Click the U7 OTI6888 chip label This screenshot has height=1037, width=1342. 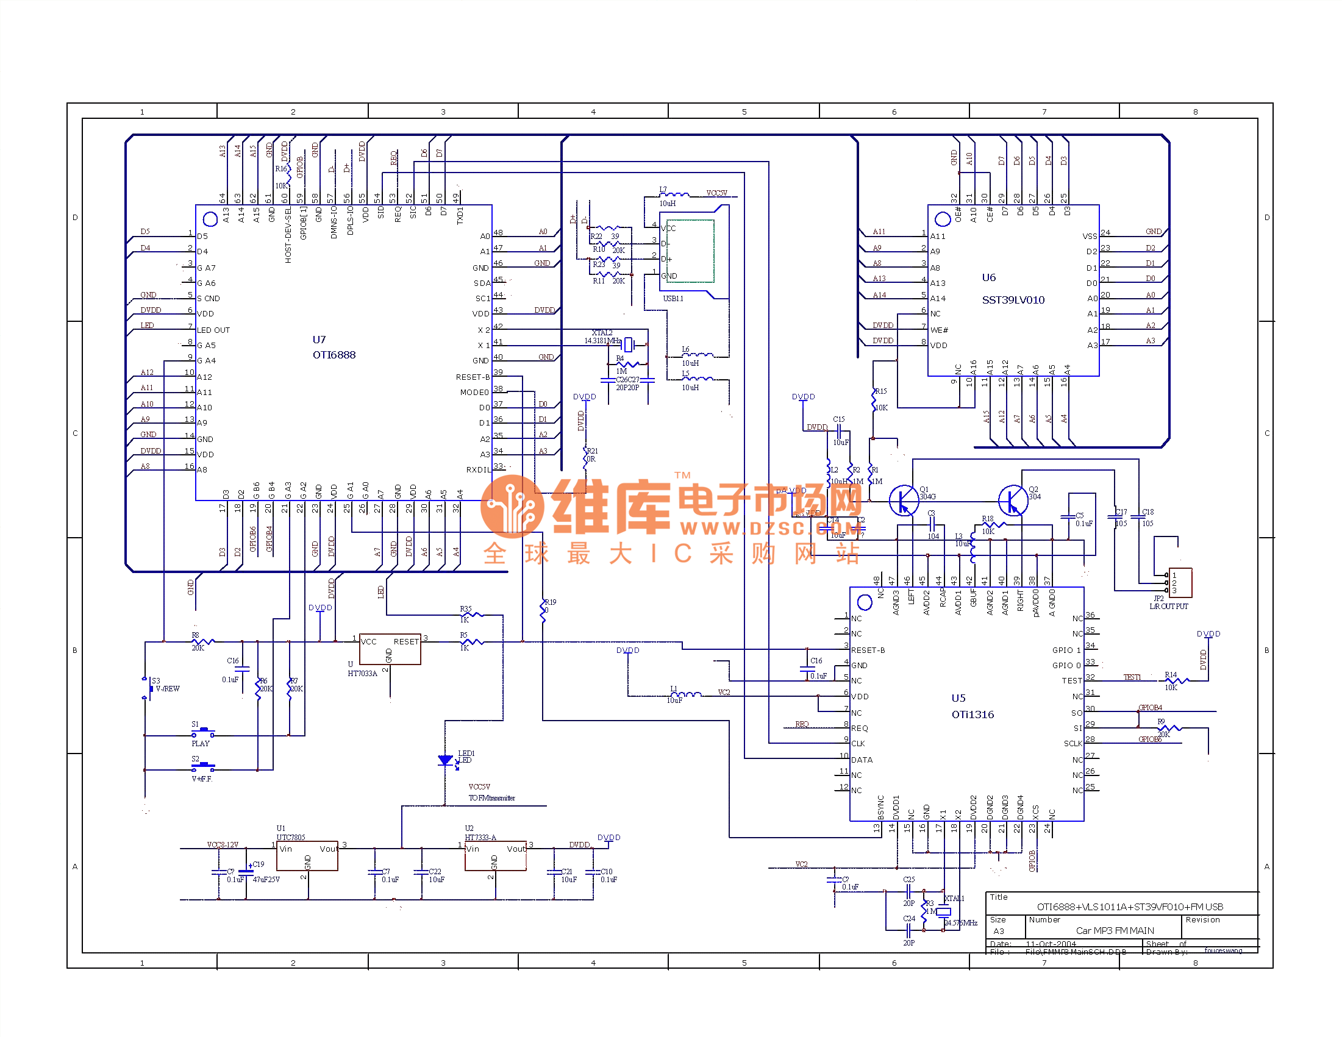point(334,347)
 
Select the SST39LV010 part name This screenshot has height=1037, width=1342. point(1013,300)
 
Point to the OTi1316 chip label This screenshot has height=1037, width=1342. point(972,714)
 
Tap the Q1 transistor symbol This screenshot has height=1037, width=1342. point(903,500)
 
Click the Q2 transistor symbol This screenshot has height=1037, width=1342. point(1012,500)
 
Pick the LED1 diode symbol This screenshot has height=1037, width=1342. point(446,761)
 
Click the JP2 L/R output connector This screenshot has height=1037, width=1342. point(1180,582)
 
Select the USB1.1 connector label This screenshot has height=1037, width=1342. point(673,299)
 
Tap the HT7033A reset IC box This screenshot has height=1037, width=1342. point(390,649)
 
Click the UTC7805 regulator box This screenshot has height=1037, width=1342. point(307,855)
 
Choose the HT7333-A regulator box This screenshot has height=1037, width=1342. point(495,855)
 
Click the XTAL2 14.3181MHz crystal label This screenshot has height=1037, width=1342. point(602,337)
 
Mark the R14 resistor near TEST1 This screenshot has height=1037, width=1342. point(1176,680)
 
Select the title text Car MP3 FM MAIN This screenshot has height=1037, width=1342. point(1115,931)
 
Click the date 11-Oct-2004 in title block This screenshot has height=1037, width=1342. point(1051,944)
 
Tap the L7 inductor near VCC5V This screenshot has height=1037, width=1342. point(674,194)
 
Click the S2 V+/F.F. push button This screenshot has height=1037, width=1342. point(203,767)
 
